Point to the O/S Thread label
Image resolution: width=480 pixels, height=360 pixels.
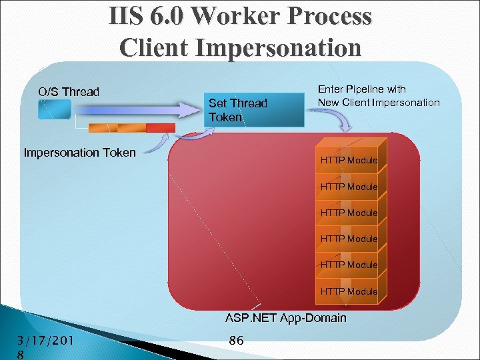pos(69,92)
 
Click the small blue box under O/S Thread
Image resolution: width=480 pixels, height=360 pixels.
pos(55,110)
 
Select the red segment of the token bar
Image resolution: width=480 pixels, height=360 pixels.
pos(160,128)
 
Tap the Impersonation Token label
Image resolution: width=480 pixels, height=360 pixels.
pos(79,153)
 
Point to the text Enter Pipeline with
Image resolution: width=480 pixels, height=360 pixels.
pos(361,89)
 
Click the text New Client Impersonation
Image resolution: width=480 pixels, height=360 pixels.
pos(379,102)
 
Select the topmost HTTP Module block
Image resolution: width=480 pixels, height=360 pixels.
pos(349,160)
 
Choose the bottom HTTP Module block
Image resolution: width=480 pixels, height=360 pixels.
pos(349,291)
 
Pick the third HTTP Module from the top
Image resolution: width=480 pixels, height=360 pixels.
pos(349,213)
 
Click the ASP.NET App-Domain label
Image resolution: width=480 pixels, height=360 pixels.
pos(285,318)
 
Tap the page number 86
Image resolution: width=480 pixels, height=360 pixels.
pos(236,341)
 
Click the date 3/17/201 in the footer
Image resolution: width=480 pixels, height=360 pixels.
pos(45,341)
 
